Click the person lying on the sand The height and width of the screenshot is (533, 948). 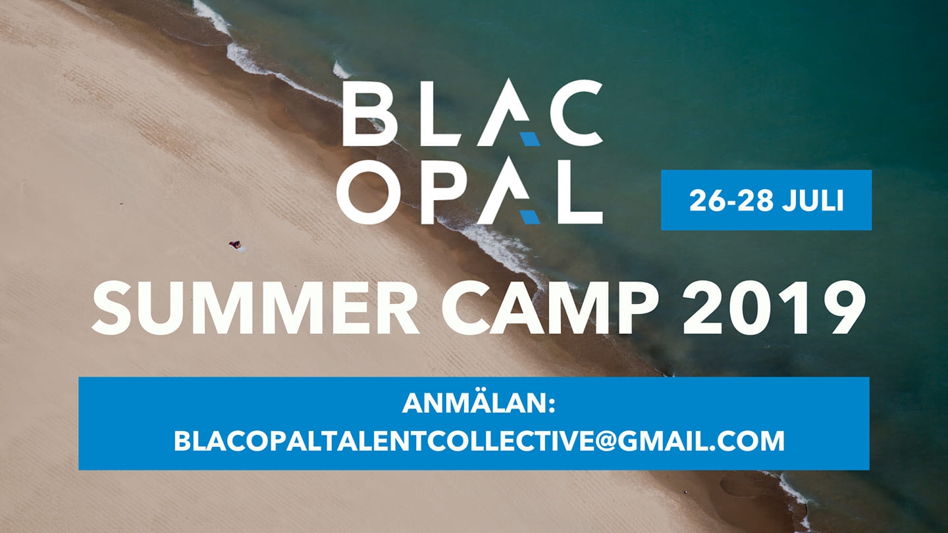point(235,245)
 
